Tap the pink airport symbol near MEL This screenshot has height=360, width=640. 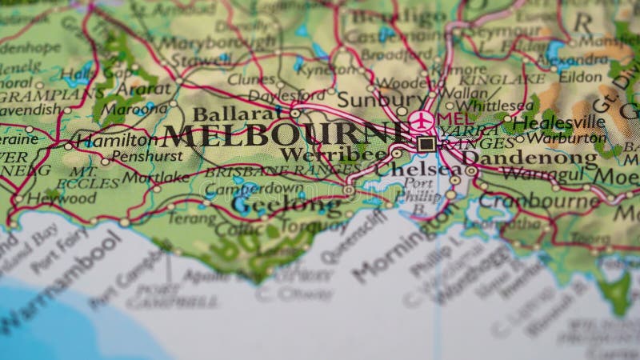pos(422,122)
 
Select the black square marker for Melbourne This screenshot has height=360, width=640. pos(426,144)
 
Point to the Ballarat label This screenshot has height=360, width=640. pos(230,114)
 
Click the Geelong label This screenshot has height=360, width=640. pos(276,204)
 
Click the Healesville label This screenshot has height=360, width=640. pos(559,122)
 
